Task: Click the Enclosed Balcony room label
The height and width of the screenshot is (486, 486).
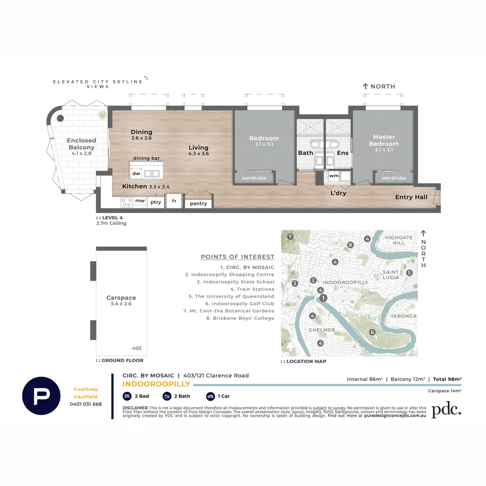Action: pos(81,144)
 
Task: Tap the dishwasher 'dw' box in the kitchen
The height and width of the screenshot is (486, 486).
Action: pos(135,174)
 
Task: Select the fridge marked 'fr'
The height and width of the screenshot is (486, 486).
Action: pos(174,201)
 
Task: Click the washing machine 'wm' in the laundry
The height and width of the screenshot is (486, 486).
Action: pos(333,175)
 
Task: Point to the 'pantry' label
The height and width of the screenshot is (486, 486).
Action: pos(198,203)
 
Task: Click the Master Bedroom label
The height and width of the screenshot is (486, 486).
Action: pos(383,140)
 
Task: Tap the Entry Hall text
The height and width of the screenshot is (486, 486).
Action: pos(410,197)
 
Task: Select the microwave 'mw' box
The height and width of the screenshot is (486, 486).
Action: pos(140,201)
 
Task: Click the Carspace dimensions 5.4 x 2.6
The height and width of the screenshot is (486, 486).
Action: pos(121,304)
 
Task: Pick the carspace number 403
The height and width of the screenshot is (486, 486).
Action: pos(137,348)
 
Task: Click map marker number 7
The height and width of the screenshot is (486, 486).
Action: pos(290,237)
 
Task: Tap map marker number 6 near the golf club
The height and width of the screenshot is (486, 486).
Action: pos(372,332)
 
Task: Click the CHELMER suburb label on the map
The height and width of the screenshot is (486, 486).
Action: pos(322,330)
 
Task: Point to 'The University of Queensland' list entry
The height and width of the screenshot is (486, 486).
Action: pos(231,297)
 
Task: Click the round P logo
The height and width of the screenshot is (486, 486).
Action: pos(41,396)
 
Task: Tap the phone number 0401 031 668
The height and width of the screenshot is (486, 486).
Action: pos(85,404)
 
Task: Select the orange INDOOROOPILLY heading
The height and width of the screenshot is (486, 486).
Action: pos(156,384)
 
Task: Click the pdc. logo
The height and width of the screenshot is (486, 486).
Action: pos(446,410)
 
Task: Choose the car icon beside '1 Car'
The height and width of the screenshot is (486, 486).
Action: pos(210,396)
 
